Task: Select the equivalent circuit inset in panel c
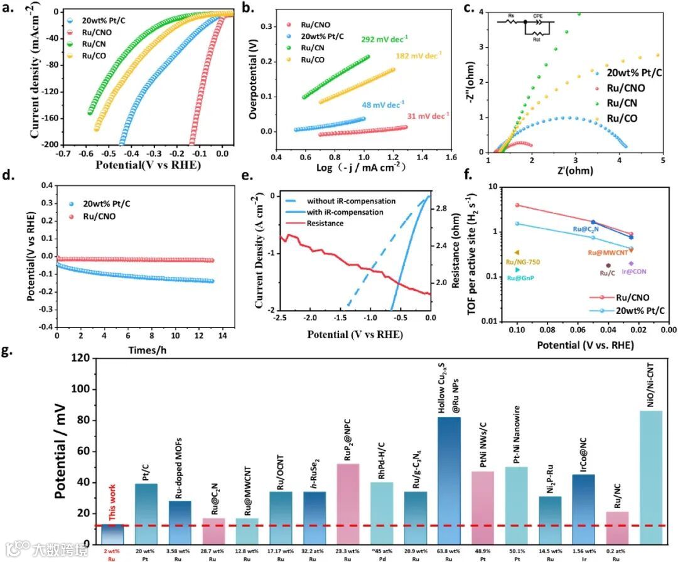click(523, 26)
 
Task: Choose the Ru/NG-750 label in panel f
click(522, 262)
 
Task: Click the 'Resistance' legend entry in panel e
click(326, 224)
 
